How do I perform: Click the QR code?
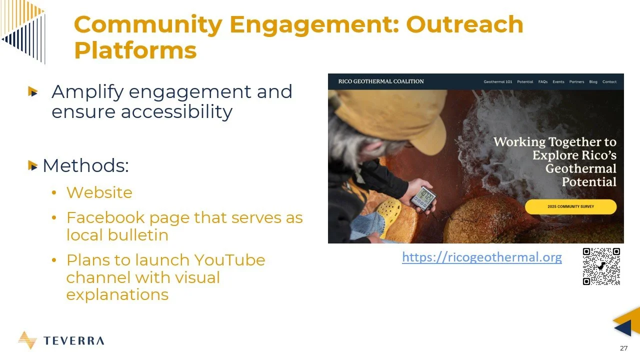pyautogui.click(x=601, y=266)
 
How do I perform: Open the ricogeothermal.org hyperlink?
pyautogui.click(x=481, y=257)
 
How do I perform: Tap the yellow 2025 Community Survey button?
pyautogui.click(x=570, y=206)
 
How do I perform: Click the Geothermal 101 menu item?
pyautogui.click(x=497, y=82)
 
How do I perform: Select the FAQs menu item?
pyautogui.click(x=542, y=82)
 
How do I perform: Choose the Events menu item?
pyautogui.click(x=558, y=82)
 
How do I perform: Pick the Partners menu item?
pyautogui.click(x=576, y=82)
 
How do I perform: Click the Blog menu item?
pyautogui.click(x=593, y=82)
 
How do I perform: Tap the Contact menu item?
pyautogui.click(x=609, y=82)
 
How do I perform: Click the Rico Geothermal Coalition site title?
pyautogui.click(x=380, y=81)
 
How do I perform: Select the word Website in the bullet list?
pyautogui.click(x=99, y=192)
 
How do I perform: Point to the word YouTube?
pyautogui.click(x=229, y=260)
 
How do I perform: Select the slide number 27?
pyautogui.click(x=623, y=348)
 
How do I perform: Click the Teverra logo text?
pyautogui.click(x=73, y=341)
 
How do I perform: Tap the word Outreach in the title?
pyautogui.click(x=464, y=24)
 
